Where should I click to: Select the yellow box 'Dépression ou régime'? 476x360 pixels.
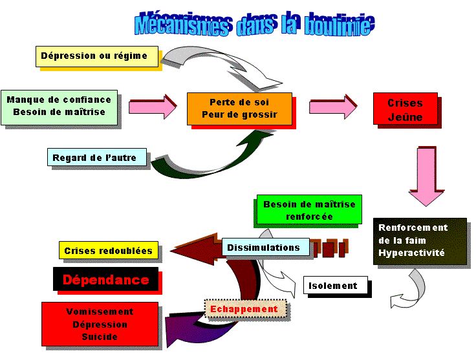tap(94, 56)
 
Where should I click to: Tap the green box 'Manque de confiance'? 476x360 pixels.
tap(59, 106)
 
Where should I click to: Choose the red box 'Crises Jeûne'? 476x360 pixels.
tap(405, 109)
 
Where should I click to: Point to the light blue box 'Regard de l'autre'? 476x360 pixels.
tap(96, 157)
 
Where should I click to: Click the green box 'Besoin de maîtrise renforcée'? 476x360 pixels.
tap(308, 210)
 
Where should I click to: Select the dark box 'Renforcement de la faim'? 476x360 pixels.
tap(420, 240)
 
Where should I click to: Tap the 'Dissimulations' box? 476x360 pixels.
tap(263, 248)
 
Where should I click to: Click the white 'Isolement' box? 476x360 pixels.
tap(334, 285)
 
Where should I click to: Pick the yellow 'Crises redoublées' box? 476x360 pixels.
tap(108, 251)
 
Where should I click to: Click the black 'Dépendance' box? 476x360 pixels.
tap(105, 280)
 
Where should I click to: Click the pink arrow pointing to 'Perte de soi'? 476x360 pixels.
tap(153, 106)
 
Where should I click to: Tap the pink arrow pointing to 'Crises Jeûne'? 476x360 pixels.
tap(332, 106)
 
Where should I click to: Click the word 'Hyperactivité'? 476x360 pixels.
tap(412, 253)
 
